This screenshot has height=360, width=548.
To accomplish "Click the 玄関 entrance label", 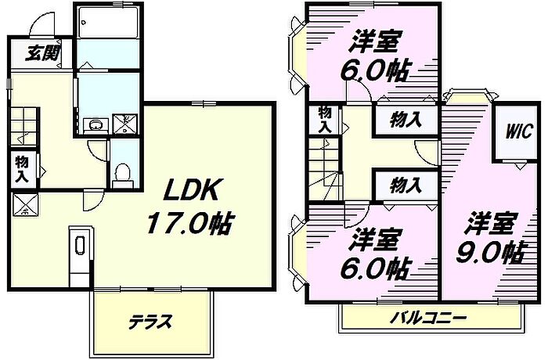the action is [42, 54].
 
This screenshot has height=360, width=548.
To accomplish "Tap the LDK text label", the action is [190, 189].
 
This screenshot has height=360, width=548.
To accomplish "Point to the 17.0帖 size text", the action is [189, 224].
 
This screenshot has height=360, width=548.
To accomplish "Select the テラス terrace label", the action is [150, 322].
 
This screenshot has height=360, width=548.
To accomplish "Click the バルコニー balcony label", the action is [428, 318].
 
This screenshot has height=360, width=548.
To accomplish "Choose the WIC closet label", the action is [518, 131].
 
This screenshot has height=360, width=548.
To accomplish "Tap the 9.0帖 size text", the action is [491, 253].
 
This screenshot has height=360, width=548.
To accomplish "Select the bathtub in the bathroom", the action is [108, 22].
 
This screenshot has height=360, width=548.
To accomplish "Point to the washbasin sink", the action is [96, 125].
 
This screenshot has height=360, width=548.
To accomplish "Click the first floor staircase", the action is [23, 126].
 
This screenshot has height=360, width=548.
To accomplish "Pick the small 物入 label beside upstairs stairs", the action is [325, 120].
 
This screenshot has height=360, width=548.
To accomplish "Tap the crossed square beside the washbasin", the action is [125, 124].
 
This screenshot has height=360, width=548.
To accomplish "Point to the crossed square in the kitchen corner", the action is [25, 204].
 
